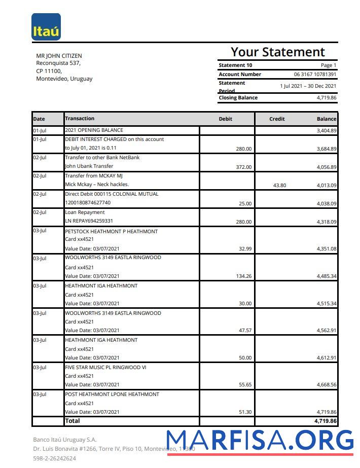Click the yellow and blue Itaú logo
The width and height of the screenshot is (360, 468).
point(46,27)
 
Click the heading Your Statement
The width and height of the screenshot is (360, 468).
point(277,52)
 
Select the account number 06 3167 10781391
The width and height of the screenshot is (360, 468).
point(315,75)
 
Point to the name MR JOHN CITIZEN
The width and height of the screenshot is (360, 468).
point(59,56)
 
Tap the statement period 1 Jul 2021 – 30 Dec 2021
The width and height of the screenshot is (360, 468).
point(308,86)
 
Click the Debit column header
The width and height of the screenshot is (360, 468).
point(225,119)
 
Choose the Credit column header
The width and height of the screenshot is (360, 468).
point(277,119)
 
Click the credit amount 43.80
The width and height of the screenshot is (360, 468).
point(279,186)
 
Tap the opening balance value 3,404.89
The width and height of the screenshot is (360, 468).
point(327,131)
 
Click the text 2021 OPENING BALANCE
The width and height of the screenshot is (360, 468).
point(94,130)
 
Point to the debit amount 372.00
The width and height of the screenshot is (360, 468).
point(243,167)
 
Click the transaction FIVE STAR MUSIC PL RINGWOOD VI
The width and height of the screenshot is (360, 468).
point(105,367)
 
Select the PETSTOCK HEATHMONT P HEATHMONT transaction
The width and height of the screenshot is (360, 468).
point(111,231)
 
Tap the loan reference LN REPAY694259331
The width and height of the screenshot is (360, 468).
point(89,221)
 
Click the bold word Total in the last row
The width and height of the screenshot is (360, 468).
point(73,421)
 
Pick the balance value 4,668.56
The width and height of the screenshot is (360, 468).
point(327,385)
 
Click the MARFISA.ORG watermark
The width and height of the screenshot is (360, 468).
point(260,440)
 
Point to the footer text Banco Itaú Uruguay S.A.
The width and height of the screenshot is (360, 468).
point(64,440)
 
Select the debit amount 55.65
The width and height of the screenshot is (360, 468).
point(245,385)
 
